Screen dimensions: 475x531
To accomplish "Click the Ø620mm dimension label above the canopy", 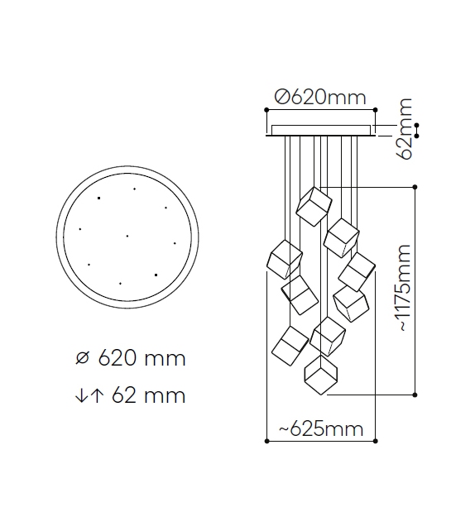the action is coord(320,98).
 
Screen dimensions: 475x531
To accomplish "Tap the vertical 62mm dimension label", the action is coord(405,129).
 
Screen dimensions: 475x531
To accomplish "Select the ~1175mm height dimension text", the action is coord(404,288).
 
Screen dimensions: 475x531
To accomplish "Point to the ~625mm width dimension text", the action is coord(321,429).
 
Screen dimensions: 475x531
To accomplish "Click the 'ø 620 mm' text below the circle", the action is coord(131,358).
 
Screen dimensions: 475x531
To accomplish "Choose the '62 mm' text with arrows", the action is coord(131,395).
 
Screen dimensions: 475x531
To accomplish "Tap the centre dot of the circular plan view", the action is coord(127,236).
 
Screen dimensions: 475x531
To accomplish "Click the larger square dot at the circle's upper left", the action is coord(99,199).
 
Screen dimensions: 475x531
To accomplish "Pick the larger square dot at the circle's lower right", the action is coord(156,275).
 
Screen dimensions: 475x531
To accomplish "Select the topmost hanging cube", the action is coord(314,206).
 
